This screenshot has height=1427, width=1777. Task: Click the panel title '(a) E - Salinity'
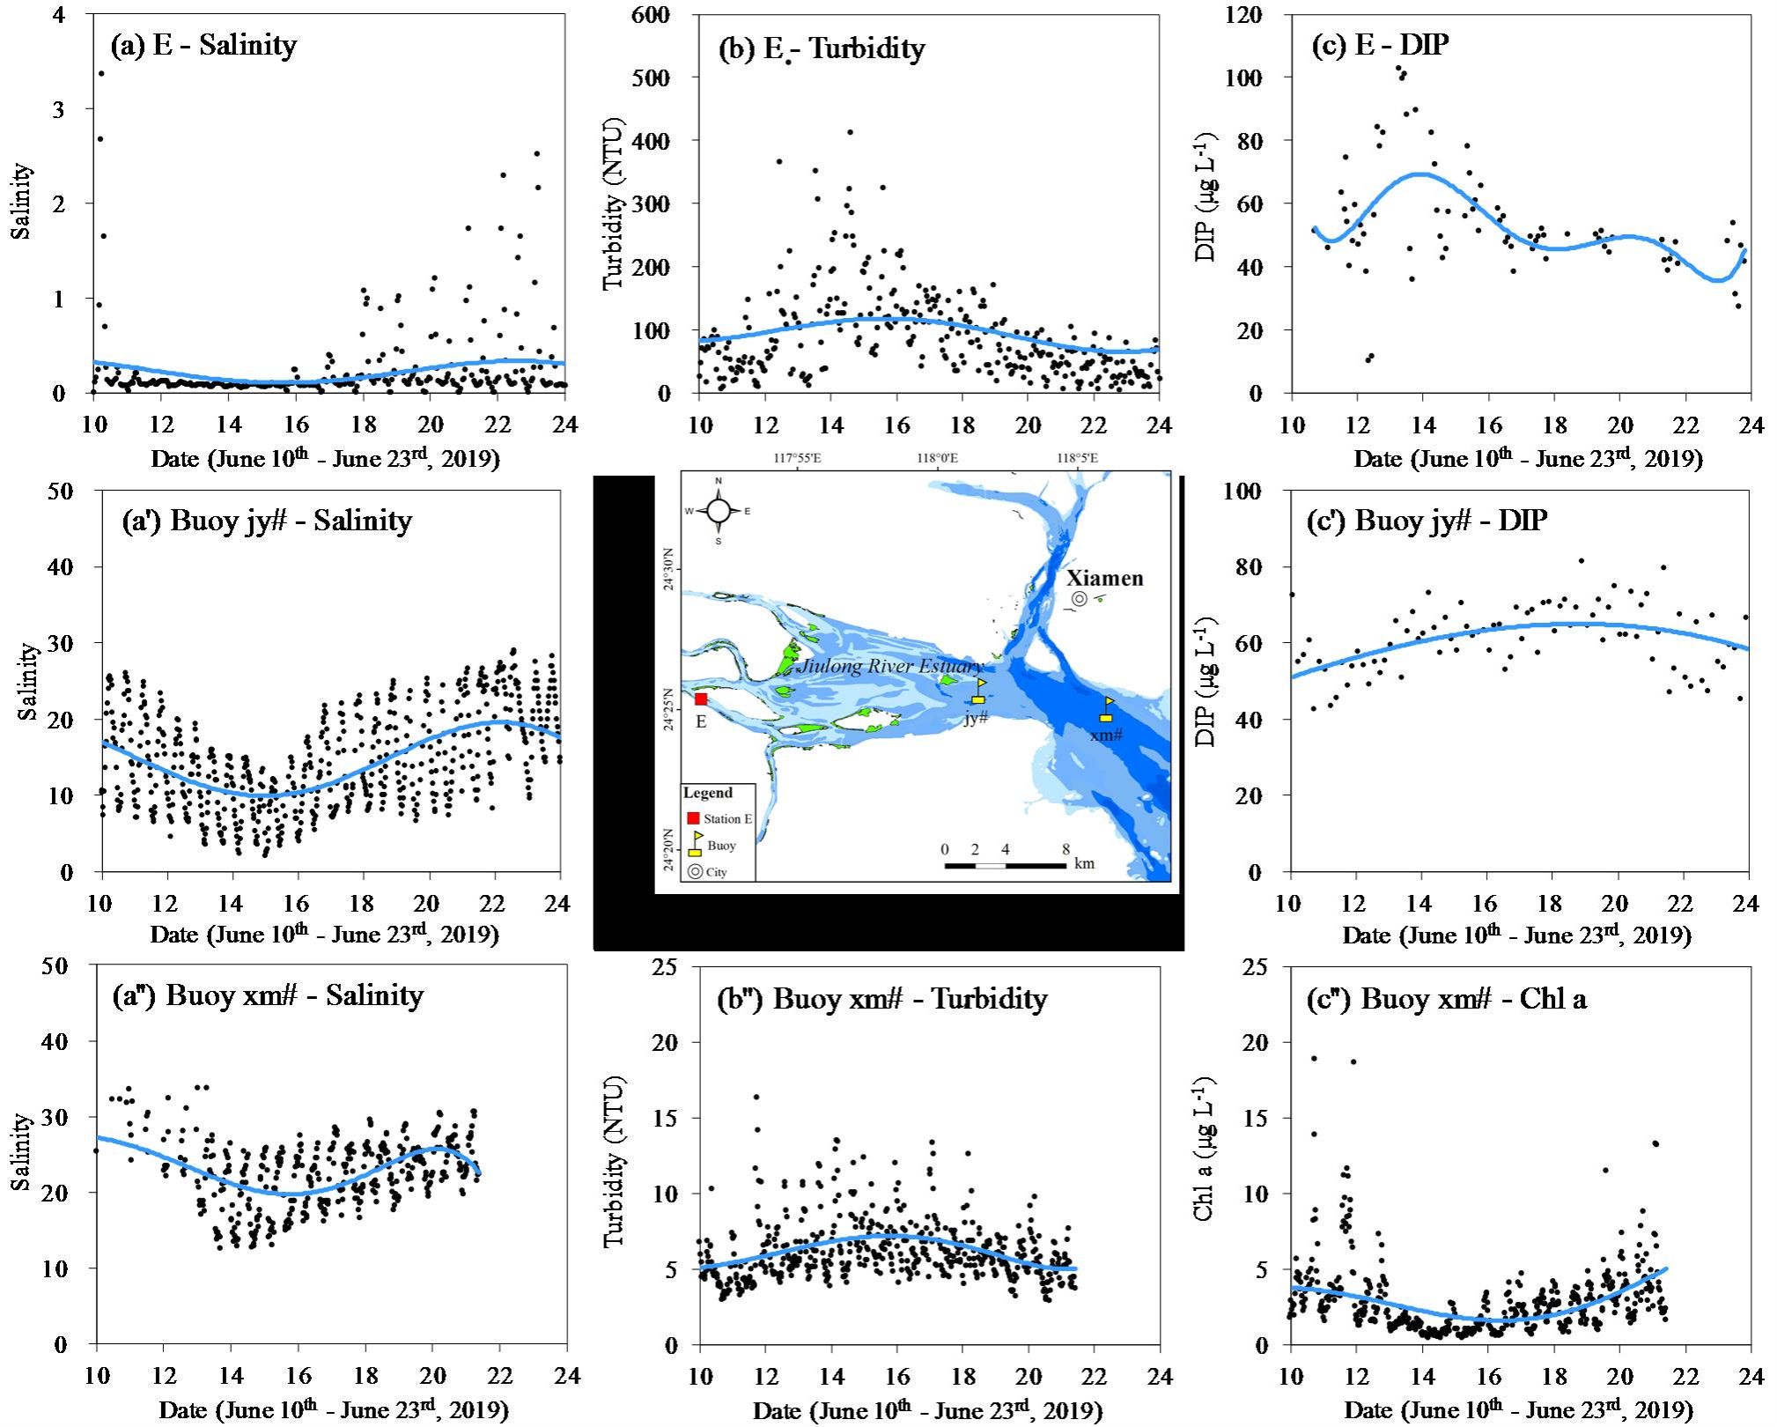(x=203, y=46)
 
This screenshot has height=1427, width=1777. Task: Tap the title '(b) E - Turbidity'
(x=822, y=48)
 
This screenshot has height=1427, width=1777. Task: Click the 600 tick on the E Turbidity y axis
(x=651, y=15)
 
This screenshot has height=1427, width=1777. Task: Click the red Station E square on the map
(x=701, y=699)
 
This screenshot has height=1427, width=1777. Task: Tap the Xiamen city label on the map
(x=1105, y=579)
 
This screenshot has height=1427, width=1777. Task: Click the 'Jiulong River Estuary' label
(x=889, y=667)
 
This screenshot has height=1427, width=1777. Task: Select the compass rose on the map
(x=719, y=511)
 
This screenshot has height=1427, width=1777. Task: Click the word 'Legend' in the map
(x=707, y=793)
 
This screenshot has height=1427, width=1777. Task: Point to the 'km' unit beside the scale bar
(x=1085, y=863)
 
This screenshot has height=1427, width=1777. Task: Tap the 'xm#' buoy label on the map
(x=1106, y=735)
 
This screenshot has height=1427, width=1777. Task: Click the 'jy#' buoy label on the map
(x=976, y=719)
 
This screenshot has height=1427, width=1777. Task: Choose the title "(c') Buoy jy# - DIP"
(x=1427, y=521)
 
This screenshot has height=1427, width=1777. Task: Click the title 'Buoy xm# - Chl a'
(x=1473, y=999)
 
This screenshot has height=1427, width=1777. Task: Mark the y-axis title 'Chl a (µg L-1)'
(x=1205, y=1150)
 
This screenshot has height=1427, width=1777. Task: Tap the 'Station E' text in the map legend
(x=727, y=819)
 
